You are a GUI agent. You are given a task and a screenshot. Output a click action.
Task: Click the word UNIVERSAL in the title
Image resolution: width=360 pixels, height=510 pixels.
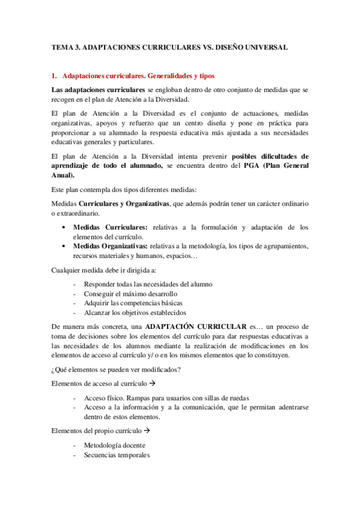[263, 46]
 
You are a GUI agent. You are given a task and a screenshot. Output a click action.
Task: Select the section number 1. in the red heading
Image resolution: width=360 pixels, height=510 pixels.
[54, 76]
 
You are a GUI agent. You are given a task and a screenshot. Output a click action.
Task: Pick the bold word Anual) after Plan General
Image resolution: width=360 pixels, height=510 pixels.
[63, 175]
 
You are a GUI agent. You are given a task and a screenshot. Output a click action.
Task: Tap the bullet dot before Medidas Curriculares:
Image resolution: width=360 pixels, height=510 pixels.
[65, 227]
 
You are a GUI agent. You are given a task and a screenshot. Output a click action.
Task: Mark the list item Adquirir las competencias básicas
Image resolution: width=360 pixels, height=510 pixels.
[133, 303]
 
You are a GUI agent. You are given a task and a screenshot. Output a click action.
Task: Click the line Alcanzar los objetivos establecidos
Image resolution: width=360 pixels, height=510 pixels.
[135, 313]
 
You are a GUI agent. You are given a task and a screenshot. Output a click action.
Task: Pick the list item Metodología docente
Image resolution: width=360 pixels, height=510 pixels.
[115, 445]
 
